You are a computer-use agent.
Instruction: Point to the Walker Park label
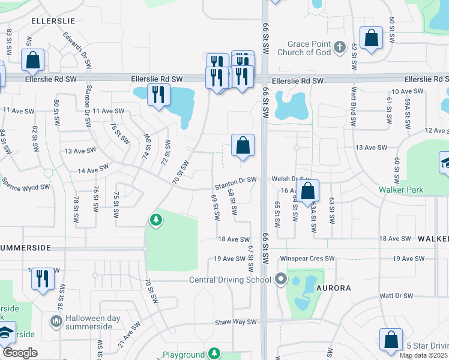coord(401,190)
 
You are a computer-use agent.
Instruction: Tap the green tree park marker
coord(156,220)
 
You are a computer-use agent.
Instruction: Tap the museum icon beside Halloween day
coord(56,322)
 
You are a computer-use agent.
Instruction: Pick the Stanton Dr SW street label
coord(235,179)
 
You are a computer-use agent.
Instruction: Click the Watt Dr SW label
coord(396,296)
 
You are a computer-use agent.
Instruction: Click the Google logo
coord(20,353)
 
